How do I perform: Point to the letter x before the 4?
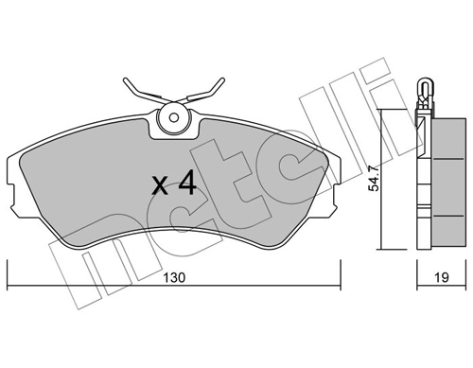click(162, 186)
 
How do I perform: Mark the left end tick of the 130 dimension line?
click(9, 283)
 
